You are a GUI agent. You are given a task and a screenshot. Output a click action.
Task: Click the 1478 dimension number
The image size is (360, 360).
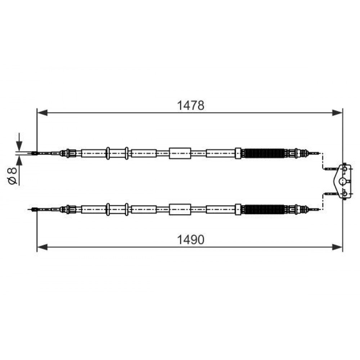(x=190, y=105)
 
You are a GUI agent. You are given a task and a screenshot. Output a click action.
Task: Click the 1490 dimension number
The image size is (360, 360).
(x=190, y=240)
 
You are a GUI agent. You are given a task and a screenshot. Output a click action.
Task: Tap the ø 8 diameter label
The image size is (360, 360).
(x=12, y=176)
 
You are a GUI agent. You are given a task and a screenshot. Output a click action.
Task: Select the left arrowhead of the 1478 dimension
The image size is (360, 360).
(x=42, y=113)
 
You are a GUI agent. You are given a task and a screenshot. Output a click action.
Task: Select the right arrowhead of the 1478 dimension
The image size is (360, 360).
(x=337, y=113)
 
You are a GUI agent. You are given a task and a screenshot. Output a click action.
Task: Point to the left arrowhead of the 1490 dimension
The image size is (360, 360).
(x=42, y=247)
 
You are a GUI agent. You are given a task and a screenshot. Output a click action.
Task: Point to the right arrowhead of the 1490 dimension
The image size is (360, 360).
(x=337, y=247)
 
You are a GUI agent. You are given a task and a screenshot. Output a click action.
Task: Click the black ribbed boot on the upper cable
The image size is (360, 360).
(x=264, y=153)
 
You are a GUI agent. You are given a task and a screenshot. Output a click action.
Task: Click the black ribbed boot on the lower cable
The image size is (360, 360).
(x=264, y=210)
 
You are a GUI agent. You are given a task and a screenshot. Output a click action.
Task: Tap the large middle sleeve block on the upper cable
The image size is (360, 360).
(x=180, y=153)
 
